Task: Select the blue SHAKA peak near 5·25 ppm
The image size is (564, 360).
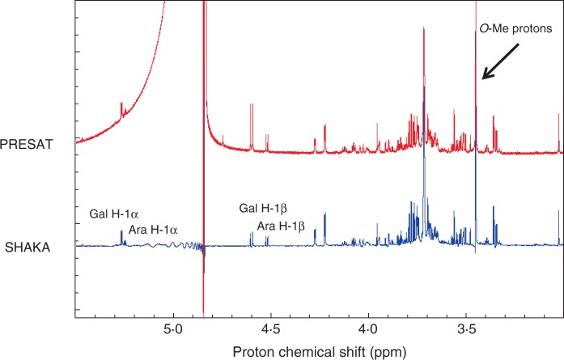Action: point(122,235)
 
